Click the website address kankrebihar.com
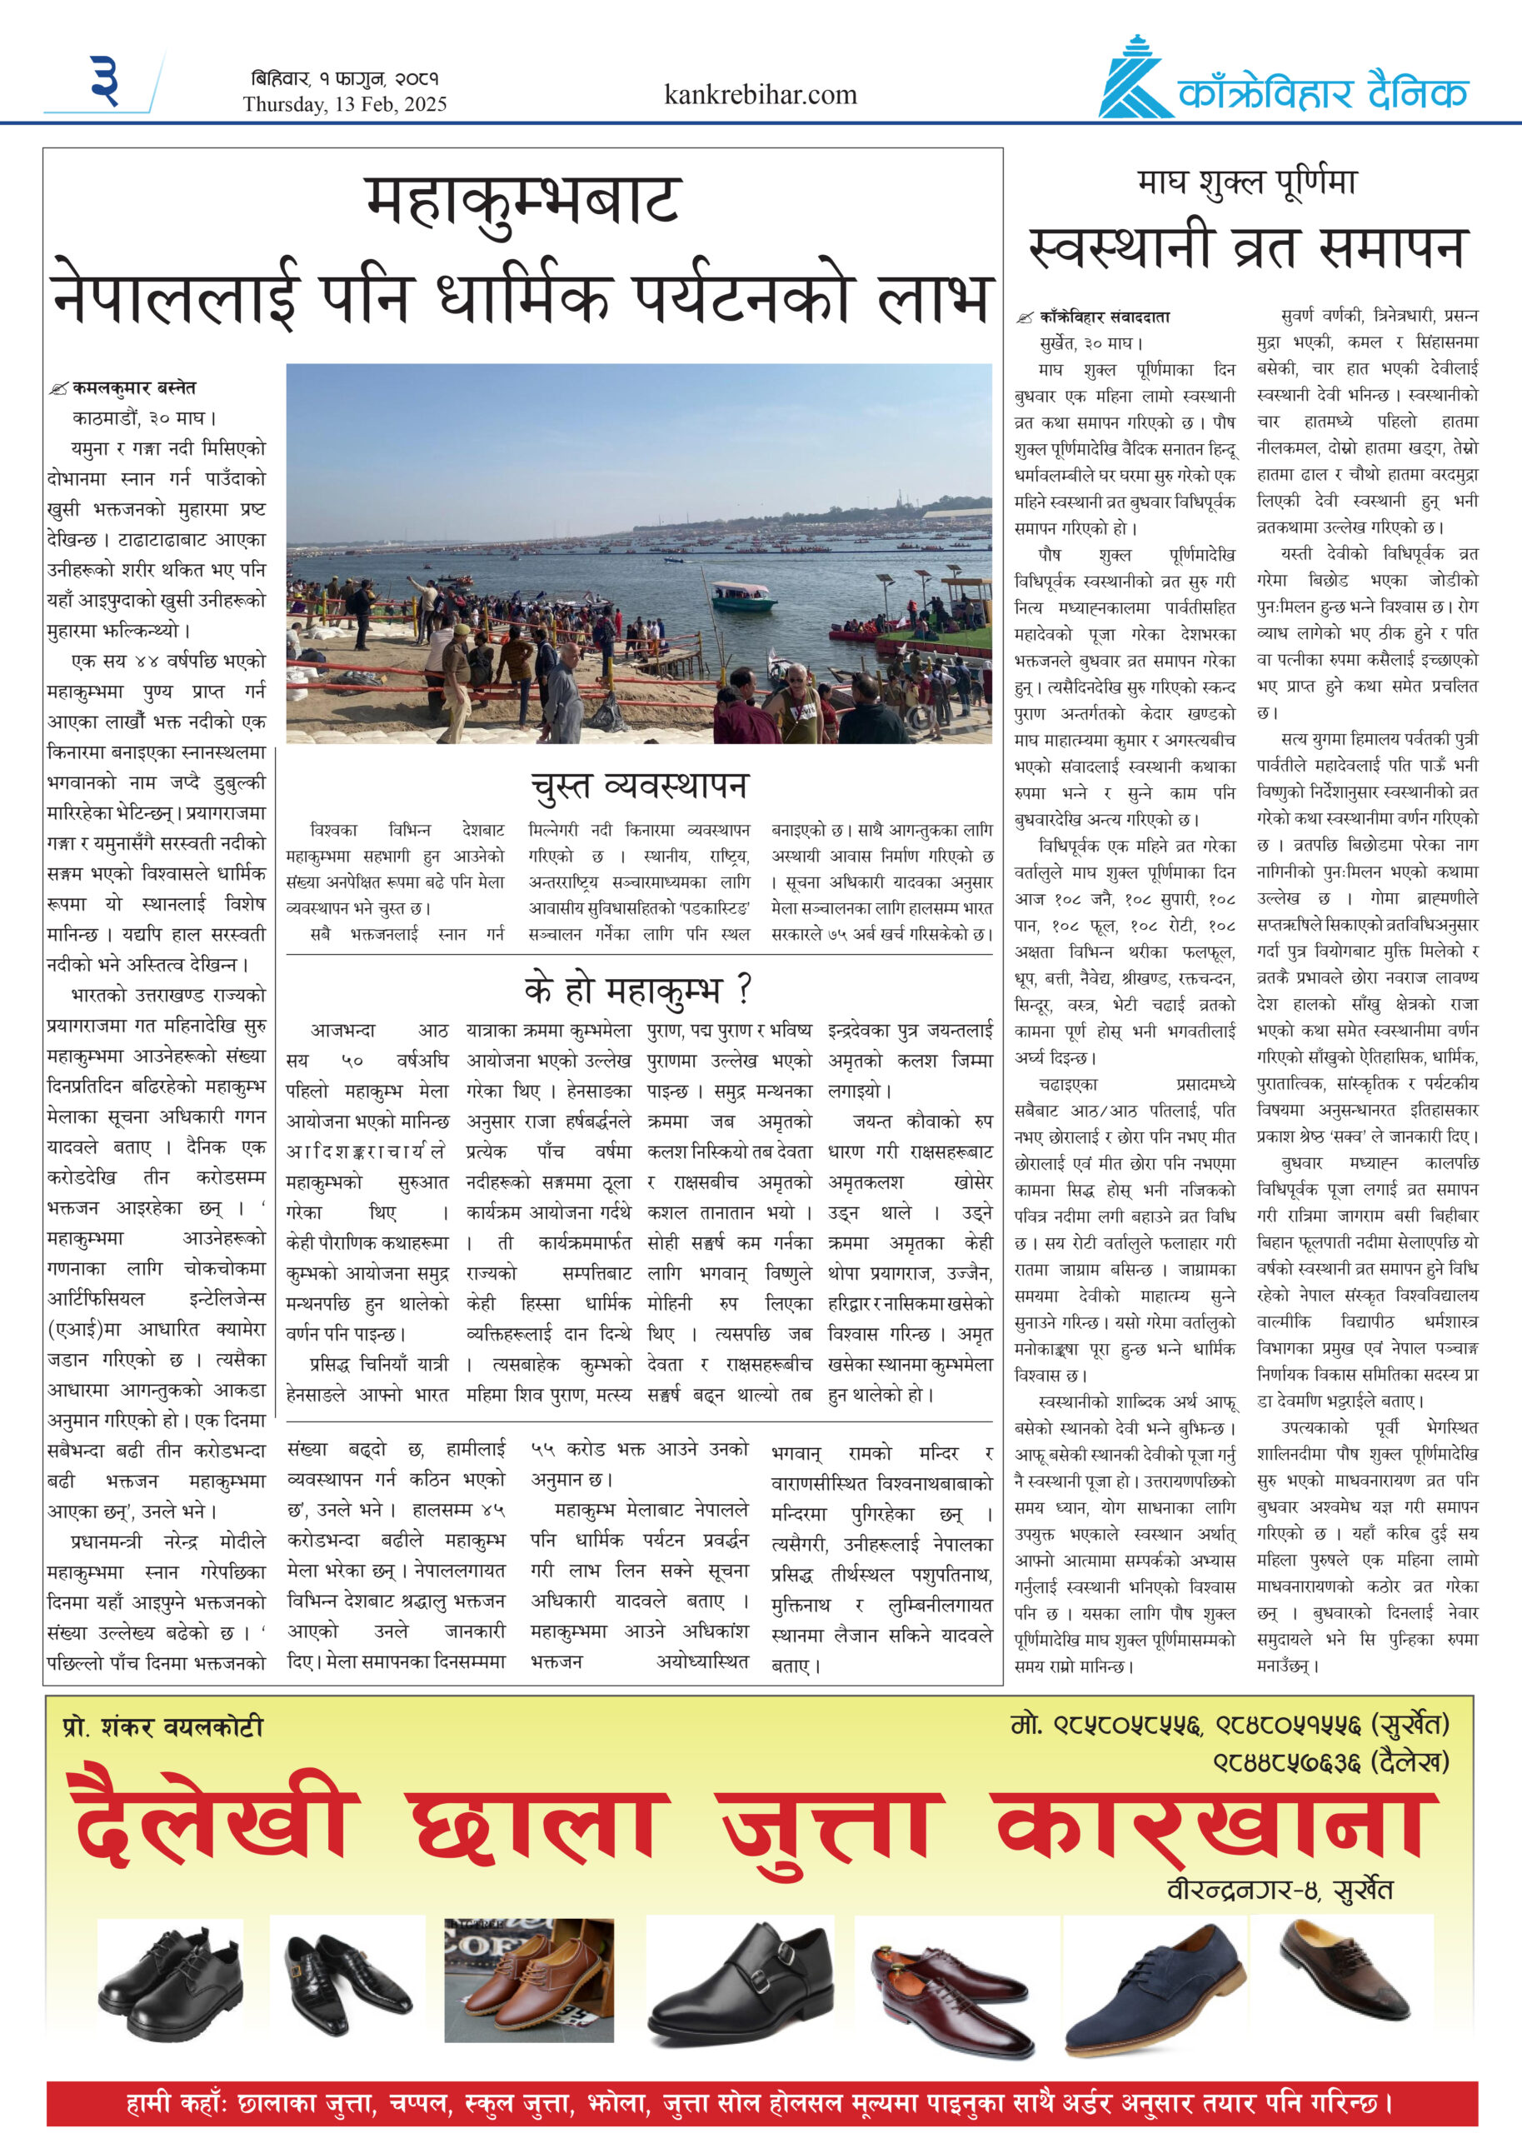[760, 95]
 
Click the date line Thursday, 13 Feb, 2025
[344, 104]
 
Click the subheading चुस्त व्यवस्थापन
[639, 786]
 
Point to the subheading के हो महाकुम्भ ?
[638, 990]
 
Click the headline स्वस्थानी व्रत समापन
[1245, 247]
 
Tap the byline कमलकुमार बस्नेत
[134, 387]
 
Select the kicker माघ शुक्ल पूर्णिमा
[1246, 182]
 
